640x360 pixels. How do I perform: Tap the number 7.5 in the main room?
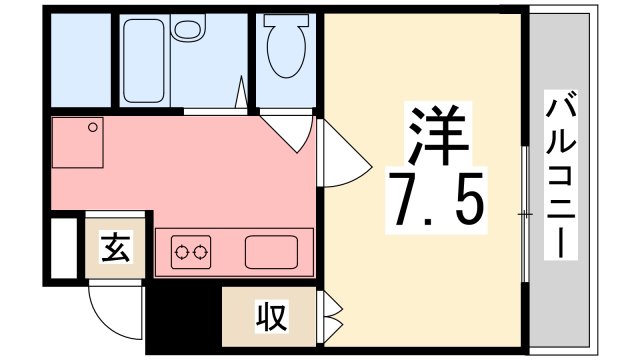[437, 198]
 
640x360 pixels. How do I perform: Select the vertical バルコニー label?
[560, 176]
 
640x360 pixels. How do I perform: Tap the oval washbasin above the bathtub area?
[186, 30]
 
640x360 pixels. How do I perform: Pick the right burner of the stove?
[203, 252]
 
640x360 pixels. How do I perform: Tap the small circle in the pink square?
[92, 127]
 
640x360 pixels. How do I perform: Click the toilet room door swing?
[290, 130]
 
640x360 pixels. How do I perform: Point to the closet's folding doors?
[331, 317]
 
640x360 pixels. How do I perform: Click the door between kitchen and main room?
[340, 155]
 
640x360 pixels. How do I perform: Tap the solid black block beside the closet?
[182, 318]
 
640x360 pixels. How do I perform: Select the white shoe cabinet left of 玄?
[63, 244]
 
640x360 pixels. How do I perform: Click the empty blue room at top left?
[77, 60]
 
